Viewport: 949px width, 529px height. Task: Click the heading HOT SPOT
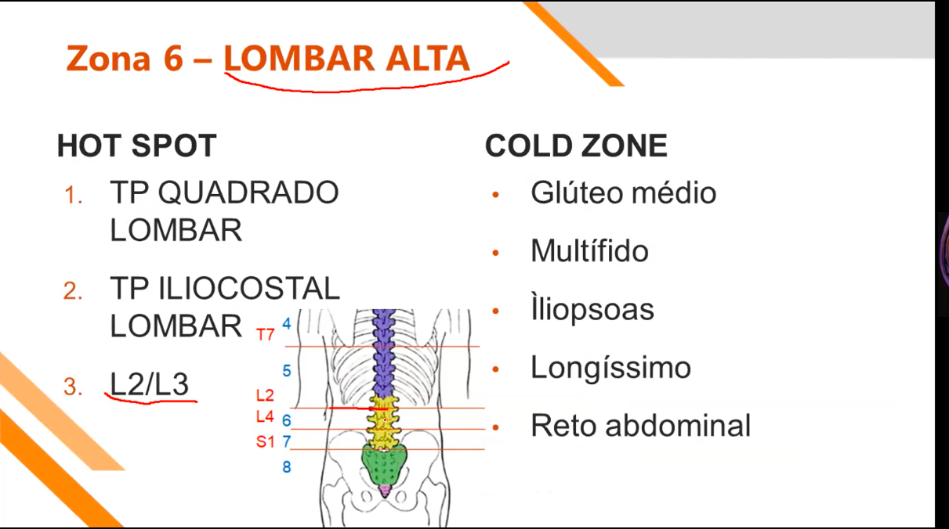point(136,146)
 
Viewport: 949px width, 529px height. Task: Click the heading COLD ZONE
point(576,146)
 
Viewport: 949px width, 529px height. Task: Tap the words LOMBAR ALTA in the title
point(346,59)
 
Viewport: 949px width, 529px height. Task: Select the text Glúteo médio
point(623,193)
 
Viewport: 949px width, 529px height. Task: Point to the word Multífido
point(589,251)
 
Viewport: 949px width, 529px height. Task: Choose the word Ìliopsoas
point(592,309)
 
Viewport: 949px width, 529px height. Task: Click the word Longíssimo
point(610,367)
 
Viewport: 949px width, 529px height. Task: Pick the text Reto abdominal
point(640,426)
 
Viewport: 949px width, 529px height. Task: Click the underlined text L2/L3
point(149,384)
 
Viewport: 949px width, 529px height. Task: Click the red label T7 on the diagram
point(266,335)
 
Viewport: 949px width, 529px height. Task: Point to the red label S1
point(266,442)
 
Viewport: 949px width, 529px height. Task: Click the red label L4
point(265,417)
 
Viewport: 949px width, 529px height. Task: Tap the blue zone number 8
point(287,467)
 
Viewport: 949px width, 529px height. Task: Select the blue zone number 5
point(287,370)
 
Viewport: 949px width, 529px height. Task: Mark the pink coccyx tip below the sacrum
point(384,491)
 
